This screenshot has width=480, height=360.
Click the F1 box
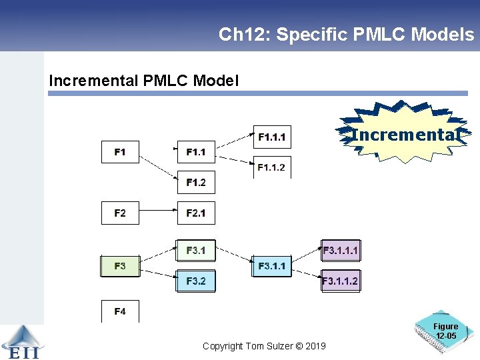(x=120, y=152)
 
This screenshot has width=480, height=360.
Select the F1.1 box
(x=196, y=152)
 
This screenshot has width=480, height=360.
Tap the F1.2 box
(x=196, y=182)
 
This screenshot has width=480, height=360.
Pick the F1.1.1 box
(x=271, y=137)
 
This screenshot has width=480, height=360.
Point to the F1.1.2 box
(x=271, y=167)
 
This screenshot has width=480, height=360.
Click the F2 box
(x=120, y=213)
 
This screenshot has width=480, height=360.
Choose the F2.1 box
(x=196, y=213)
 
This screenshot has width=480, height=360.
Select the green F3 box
(x=120, y=266)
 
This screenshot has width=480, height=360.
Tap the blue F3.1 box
(x=196, y=251)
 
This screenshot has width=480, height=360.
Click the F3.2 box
(x=196, y=281)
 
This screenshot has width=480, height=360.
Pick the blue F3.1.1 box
(x=272, y=266)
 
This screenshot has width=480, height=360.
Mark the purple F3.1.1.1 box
(x=340, y=251)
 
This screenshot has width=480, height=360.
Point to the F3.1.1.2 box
(x=340, y=281)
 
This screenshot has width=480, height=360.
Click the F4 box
(x=120, y=311)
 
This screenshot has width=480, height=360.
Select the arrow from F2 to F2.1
(x=158, y=213)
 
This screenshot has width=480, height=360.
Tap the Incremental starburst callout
(x=405, y=134)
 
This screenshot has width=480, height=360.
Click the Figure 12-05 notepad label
(x=445, y=331)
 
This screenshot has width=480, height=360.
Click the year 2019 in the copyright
(x=315, y=346)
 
